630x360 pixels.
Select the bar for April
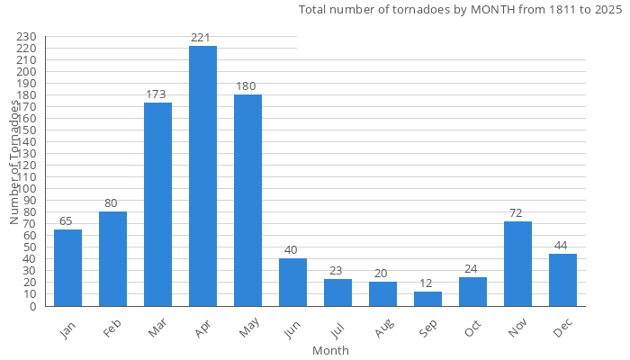(202, 175)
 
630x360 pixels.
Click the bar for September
(427, 299)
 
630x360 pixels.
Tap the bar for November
(517, 264)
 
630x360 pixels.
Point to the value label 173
(157, 94)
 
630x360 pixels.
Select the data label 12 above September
(427, 283)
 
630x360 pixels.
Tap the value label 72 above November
(517, 212)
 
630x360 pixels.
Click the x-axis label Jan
(68, 329)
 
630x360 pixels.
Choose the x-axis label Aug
(383, 330)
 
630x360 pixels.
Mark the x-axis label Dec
(563, 329)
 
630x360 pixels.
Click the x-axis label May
(247, 330)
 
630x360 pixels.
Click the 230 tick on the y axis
(26, 37)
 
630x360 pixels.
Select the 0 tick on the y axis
(34, 306)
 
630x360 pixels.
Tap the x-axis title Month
(330, 350)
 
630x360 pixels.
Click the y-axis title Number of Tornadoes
(14, 162)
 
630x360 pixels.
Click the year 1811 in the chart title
(538, 10)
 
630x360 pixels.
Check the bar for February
(112, 259)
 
